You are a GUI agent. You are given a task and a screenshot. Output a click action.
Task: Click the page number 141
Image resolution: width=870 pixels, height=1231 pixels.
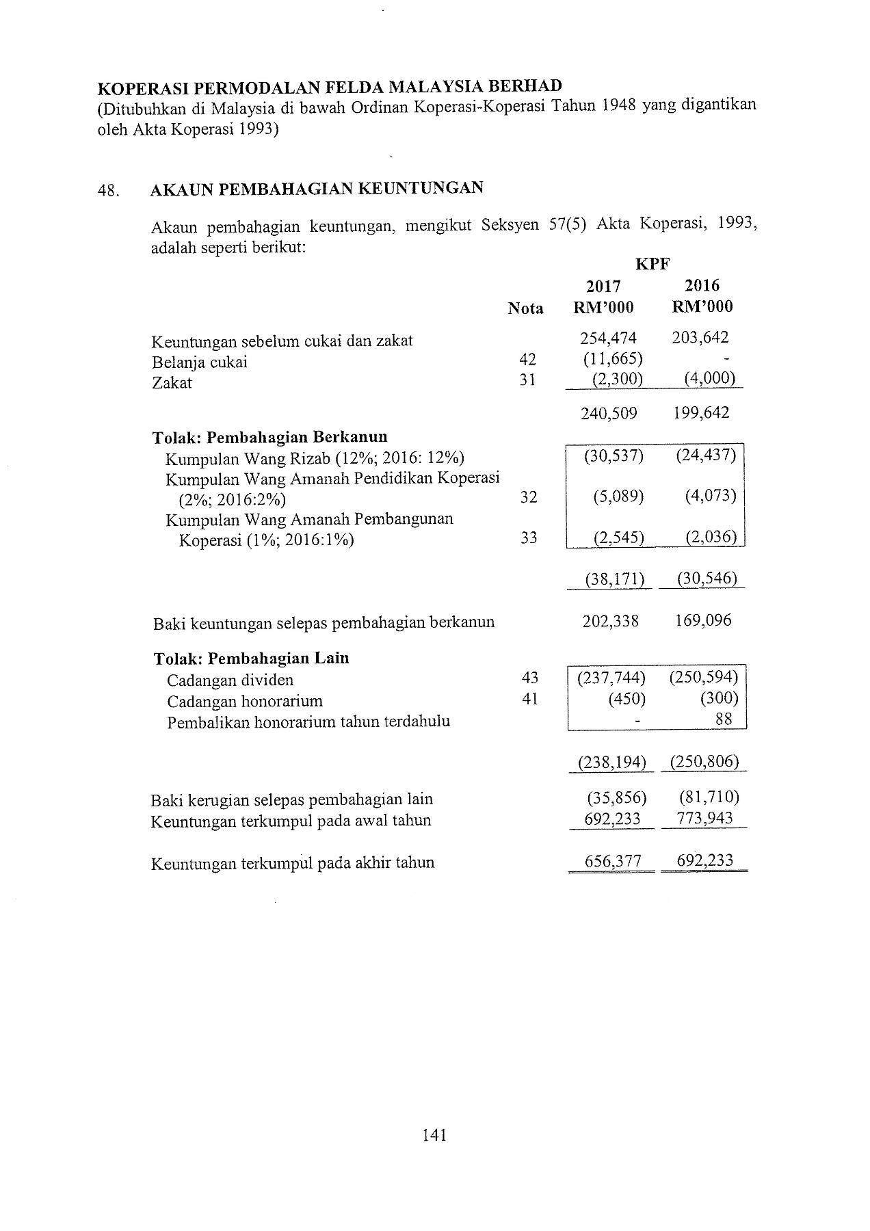435,1135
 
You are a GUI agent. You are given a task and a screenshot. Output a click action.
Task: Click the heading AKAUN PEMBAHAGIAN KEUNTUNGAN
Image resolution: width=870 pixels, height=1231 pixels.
317,189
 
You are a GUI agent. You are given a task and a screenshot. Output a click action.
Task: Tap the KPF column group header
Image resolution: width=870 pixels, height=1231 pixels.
652,264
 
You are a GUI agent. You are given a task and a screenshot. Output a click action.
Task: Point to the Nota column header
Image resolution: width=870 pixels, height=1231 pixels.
525,308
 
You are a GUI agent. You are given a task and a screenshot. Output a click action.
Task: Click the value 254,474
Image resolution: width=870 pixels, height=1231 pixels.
608,338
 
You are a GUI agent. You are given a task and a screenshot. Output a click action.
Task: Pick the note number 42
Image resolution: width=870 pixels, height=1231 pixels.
527,360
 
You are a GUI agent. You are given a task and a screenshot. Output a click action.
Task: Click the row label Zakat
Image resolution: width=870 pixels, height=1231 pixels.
172,383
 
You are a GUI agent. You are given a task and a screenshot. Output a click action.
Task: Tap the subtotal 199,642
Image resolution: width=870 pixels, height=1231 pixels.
701,413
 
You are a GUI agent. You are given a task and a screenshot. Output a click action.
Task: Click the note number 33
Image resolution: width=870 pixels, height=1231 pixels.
529,538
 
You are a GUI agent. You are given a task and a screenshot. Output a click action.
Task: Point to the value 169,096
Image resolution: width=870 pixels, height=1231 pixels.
702,621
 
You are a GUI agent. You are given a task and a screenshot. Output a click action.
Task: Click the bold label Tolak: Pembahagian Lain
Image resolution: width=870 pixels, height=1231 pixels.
251,659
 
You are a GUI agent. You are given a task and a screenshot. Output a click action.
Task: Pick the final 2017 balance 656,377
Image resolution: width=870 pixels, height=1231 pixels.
613,862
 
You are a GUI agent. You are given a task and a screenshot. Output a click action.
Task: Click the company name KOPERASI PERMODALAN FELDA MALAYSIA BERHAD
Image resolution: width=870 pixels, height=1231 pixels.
330,88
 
